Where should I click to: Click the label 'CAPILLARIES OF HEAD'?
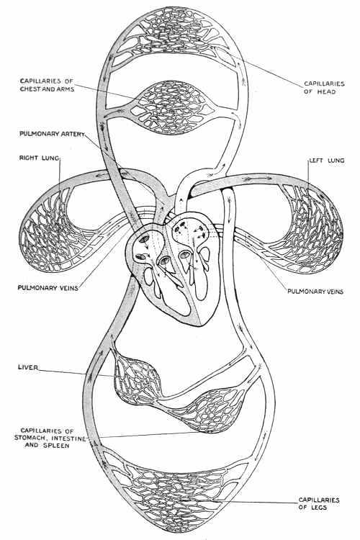tap(324, 87)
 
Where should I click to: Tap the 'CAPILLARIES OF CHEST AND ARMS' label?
tap(47, 85)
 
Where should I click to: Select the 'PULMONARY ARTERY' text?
tap(52, 134)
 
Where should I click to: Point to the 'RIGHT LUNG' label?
tap(40, 158)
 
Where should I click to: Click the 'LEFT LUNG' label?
tap(327, 161)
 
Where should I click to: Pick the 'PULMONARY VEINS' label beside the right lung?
tap(48, 287)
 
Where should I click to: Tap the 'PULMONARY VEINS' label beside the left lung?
tap(315, 292)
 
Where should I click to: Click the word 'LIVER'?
tap(28, 367)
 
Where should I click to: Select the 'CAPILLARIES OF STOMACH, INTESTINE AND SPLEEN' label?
tap(50, 438)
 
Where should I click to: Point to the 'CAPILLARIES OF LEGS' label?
tap(319, 503)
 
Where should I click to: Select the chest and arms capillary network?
tap(171, 107)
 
